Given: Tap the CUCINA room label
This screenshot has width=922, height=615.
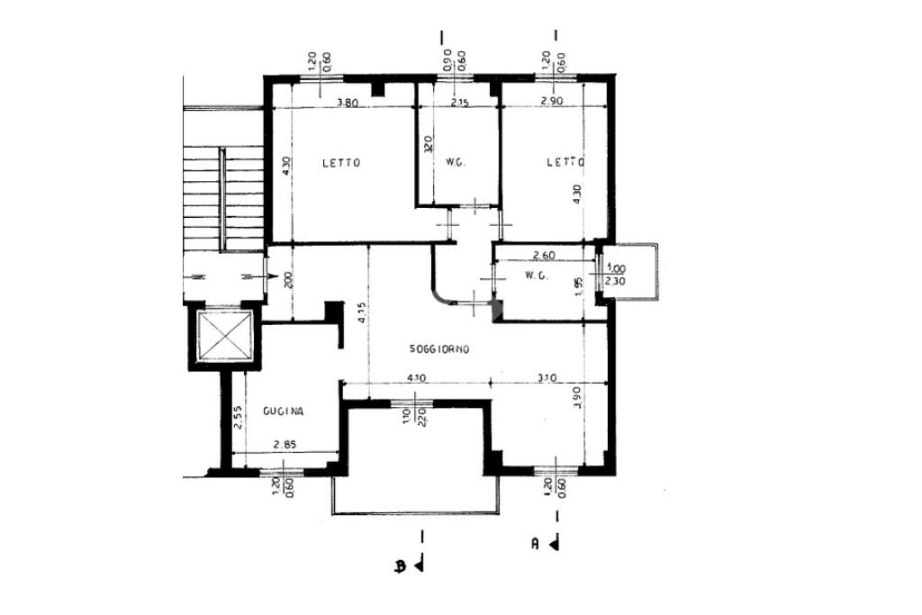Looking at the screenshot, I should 284,412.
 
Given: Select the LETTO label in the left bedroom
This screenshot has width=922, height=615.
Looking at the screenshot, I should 342,163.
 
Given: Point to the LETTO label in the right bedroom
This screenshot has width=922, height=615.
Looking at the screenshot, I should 566,162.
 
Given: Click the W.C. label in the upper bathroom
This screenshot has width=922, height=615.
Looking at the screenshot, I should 455,163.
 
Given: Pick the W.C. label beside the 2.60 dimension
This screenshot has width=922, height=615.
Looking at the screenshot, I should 537,276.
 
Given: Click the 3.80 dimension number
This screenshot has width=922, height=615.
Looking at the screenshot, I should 348,102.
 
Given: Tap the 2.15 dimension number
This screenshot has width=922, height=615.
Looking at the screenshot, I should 459,102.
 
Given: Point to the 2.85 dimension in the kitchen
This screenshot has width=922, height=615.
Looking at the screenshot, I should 285,445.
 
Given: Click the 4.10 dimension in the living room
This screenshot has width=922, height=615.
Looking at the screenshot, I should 417,378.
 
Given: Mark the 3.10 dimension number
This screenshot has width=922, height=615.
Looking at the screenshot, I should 546,378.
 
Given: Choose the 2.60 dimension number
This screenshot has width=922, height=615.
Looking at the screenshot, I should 543,255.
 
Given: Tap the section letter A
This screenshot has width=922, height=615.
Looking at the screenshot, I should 535,543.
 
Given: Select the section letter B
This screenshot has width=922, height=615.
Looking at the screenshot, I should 399,566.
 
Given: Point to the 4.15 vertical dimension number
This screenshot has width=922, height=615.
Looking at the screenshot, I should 360,312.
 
